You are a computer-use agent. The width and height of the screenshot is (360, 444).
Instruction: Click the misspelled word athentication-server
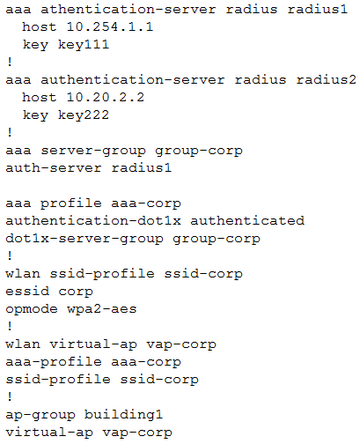129,10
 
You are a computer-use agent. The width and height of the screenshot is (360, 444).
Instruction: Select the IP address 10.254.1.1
110,27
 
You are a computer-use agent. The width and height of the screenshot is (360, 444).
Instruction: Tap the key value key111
84,45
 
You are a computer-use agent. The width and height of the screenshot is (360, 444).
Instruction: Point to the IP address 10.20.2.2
106,98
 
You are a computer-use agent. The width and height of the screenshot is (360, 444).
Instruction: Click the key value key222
84,115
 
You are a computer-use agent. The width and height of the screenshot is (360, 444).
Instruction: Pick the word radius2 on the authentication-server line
327,80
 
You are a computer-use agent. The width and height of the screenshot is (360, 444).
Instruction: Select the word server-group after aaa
93,151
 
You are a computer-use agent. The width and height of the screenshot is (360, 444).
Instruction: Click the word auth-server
54,168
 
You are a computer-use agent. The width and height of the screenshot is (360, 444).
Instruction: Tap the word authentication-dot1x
93,221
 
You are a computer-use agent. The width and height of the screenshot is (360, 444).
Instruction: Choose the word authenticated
247,221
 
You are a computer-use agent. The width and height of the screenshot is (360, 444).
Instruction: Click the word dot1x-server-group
84,239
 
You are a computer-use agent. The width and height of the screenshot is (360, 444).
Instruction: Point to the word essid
27,292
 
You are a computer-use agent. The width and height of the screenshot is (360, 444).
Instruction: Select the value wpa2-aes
102,309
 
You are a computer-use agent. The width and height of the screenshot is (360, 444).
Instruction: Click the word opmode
32,309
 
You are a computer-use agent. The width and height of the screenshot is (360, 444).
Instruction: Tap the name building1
123,415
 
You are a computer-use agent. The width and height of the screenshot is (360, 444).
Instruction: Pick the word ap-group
40,416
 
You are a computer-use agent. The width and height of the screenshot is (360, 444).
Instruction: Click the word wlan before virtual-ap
23,344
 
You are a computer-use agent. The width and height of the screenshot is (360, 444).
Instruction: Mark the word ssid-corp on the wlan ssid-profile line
203,274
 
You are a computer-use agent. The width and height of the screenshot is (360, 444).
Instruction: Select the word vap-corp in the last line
137,433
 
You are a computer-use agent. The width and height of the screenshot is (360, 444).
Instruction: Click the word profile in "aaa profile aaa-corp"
71,203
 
